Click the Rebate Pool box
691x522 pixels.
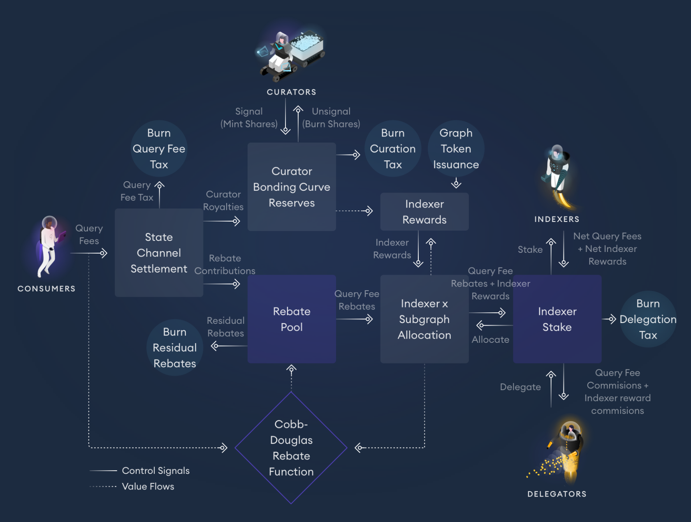292,319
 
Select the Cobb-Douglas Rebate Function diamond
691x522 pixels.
291,448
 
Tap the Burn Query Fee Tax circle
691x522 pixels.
159,149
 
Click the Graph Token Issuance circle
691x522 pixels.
456,149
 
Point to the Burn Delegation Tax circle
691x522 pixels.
648,319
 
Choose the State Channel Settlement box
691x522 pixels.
159,253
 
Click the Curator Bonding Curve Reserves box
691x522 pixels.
292,187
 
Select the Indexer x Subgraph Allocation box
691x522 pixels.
424,319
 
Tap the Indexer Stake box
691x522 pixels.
557,319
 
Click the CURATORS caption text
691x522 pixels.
291,92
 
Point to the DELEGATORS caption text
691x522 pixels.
557,494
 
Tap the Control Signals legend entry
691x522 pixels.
155,471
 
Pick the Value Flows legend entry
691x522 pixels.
148,487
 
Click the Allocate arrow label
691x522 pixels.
490,340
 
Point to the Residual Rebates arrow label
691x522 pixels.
225,327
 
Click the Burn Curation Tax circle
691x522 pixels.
392,149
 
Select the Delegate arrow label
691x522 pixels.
520,387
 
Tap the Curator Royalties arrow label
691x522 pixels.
223,201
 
